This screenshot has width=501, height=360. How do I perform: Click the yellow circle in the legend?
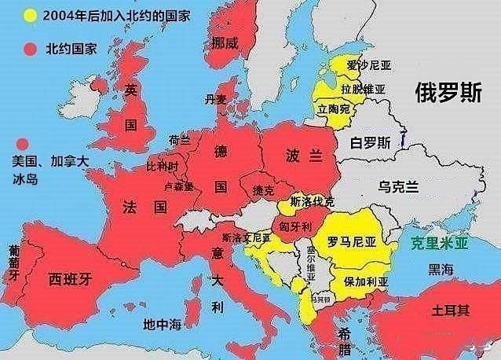click(31, 16)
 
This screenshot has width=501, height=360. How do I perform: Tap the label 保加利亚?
click(365, 281)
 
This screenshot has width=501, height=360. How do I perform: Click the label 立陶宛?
click(334, 109)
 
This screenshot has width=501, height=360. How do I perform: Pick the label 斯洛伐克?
click(312, 201)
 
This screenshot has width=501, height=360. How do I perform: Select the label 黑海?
click(441, 270)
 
